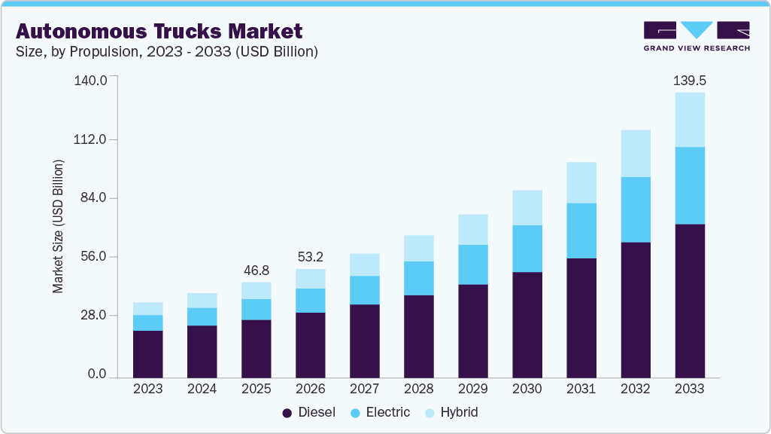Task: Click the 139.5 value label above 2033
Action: [x=690, y=80]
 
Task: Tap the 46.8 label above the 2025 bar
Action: [x=256, y=270]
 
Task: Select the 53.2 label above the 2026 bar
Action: [x=311, y=256]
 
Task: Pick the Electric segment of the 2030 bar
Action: [x=527, y=248]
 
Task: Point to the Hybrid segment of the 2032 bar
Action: [x=636, y=153]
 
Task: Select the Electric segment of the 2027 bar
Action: [x=365, y=289]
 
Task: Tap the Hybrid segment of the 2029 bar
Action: [x=473, y=229]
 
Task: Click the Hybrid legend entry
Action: [x=451, y=412]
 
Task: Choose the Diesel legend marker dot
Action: [x=287, y=413]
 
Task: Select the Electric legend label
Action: [x=387, y=412]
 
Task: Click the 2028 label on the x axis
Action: [x=419, y=389]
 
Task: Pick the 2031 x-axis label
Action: [x=581, y=389]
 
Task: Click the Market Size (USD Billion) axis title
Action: [x=58, y=226]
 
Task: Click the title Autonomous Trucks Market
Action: [x=159, y=31]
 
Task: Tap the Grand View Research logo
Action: [x=697, y=35]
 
